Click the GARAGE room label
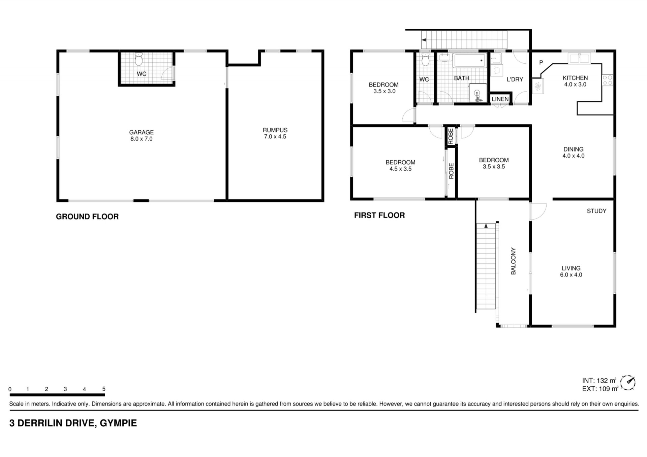[142, 132]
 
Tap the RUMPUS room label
[275, 130]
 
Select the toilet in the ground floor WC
[139, 59]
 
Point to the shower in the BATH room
[477, 93]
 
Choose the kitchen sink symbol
[579, 58]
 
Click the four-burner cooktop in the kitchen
[608, 80]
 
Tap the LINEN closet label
[500, 99]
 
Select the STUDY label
[596, 211]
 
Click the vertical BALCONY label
[513, 261]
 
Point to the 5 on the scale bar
[104, 389]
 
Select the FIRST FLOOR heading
[379, 215]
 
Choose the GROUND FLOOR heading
[87, 217]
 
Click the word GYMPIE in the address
[118, 423]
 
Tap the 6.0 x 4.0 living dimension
[571, 275]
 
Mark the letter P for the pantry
[541, 62]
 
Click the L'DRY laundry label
[515, 79]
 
